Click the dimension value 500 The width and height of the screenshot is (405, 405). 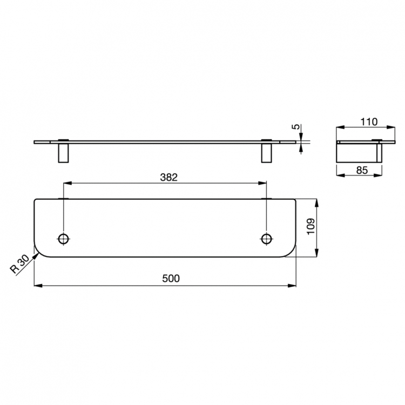(171, 278)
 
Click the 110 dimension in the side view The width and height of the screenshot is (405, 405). (369, 122)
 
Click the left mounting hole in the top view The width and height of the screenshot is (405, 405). (64, 238)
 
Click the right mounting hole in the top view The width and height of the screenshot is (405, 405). (266, 238)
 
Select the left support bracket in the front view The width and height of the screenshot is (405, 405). (63, 152)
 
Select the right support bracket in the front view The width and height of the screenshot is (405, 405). (266, 152)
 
